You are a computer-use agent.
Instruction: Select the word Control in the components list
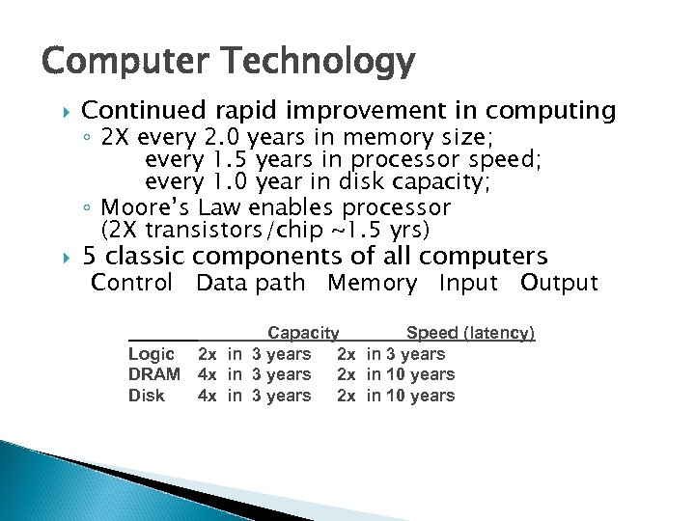132,283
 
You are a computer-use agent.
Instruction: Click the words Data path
250,283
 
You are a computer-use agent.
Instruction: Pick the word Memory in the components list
372,283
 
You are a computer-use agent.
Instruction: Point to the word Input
468,283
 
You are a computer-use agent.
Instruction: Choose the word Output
559,283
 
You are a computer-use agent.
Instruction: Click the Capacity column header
303,333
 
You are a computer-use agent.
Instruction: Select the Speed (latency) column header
470,333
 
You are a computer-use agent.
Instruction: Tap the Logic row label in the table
152,354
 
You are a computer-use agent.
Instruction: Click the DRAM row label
154,374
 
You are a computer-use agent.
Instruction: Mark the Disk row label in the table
147,396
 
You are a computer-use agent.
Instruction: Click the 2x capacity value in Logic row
207,354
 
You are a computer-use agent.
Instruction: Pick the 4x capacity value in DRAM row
207,374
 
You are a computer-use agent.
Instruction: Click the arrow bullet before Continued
65,112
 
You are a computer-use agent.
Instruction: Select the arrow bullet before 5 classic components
65,257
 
